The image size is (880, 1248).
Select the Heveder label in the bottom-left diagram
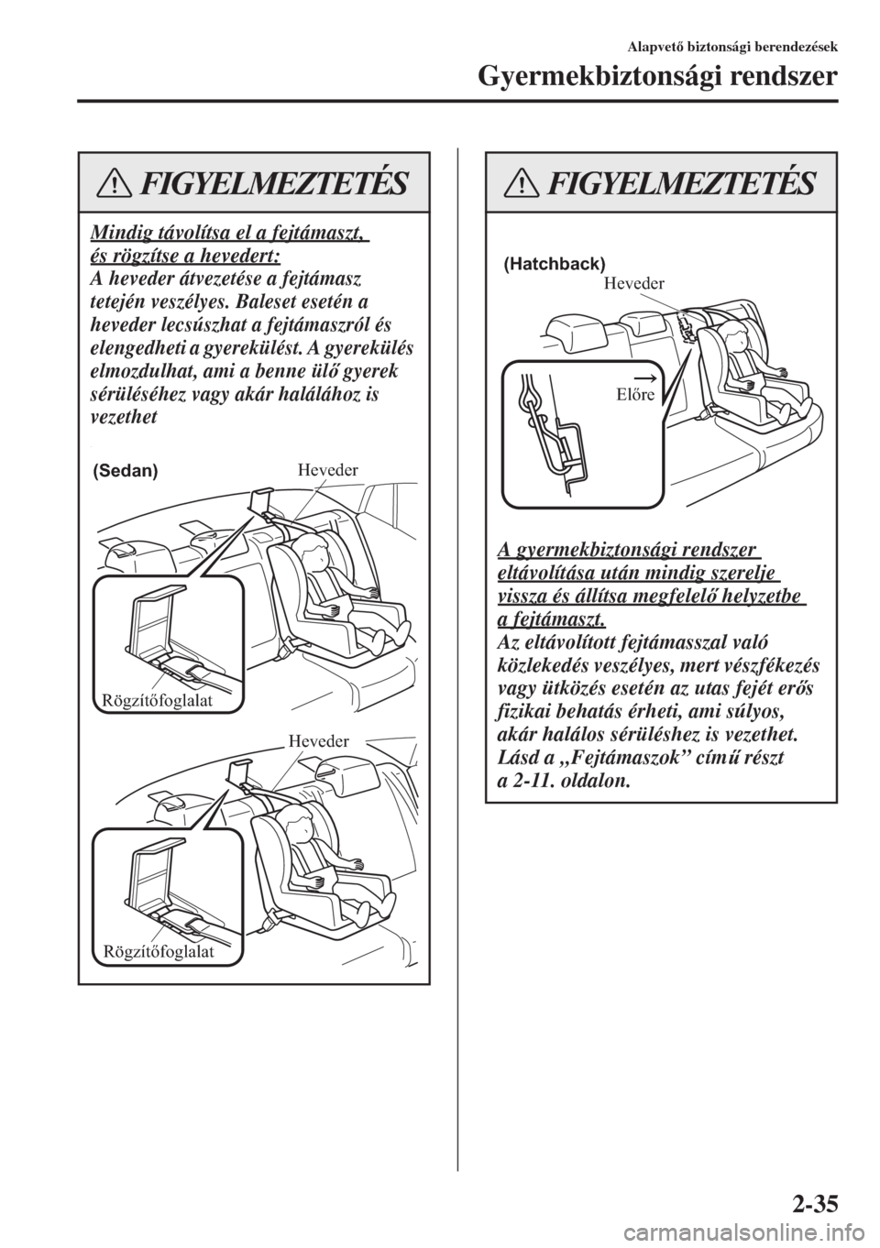tap(320, 740)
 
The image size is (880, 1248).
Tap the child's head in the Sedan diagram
tap(307, 555)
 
